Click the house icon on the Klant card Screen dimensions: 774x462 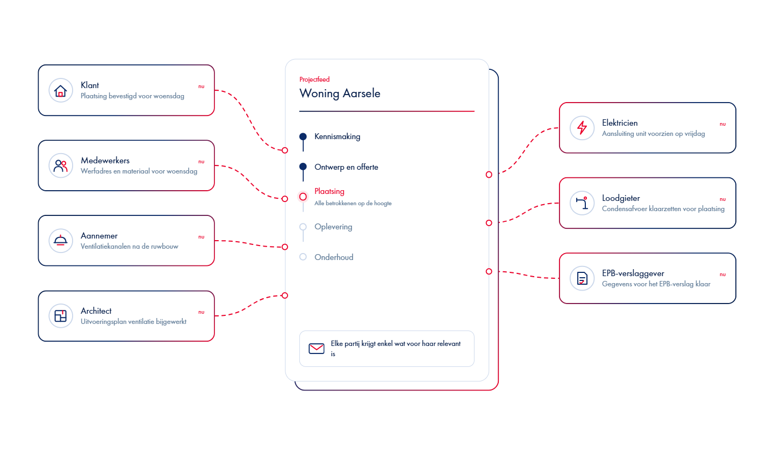click(60, 90)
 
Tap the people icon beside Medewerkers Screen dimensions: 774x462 click(60, 166)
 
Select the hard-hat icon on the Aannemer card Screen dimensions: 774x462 click(60, 240)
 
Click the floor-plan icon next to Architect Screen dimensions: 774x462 click(60, 315)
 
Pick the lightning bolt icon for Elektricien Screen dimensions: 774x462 click(582, 128)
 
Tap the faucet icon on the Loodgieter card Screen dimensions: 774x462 click(582, 203)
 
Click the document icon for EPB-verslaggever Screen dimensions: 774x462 click(582, 278)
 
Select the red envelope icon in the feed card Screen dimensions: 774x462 click(317, 349)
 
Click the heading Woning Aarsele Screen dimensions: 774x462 click(340, 93)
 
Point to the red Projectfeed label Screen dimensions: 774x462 click(314, 80)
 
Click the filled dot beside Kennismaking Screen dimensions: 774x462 click(303, 136)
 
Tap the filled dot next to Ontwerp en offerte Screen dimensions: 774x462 click(303, 167)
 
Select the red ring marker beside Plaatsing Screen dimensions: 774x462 click(303, 197)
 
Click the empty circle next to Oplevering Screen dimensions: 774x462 click(303, 227)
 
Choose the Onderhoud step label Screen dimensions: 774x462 click(334, 257)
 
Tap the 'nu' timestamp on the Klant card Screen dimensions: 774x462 click(202, 86)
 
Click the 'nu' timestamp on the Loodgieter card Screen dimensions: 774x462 click(723, 199)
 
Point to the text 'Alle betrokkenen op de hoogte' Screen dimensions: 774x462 click(353, 204)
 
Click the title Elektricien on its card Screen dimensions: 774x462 click(620, 123)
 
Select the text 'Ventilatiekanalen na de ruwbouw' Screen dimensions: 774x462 click(130, 247)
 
